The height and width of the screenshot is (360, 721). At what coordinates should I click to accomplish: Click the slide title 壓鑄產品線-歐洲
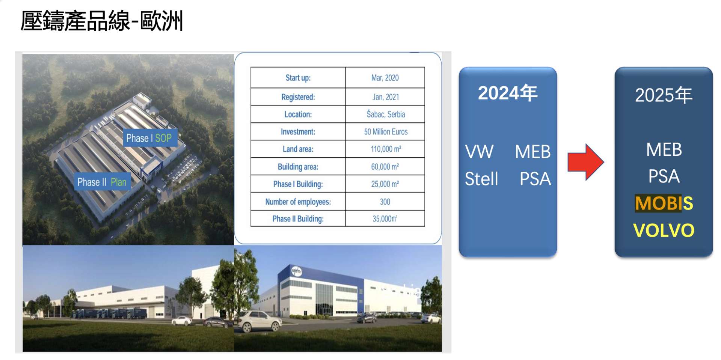[102, 21]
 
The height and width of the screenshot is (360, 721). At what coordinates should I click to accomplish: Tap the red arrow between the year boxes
[585, 162]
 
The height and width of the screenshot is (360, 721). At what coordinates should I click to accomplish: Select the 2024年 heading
[508, 93]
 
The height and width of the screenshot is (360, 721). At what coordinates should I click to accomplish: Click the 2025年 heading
[664, 95]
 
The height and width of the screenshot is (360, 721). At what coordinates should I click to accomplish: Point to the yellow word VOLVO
[664, 230]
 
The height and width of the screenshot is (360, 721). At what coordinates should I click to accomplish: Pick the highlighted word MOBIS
[664, 203]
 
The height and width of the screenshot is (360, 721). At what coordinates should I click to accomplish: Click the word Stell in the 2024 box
[481, 179]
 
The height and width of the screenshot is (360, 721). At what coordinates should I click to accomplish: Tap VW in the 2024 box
[479, 152]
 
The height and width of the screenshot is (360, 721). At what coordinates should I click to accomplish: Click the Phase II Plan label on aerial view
[102, 182]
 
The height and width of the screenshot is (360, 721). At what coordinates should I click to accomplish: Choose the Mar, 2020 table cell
[385, 78]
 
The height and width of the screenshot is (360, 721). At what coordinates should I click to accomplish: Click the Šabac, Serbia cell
[386, 114]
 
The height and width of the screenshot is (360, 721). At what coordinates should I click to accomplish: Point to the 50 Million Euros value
[386, 132]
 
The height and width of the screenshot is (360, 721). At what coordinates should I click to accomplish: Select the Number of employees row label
[298, 202]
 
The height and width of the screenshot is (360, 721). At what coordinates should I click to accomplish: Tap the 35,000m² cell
[385, 219]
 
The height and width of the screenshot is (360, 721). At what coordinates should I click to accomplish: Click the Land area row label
[298, 149]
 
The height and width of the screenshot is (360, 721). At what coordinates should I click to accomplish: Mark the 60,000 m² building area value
[385, 167]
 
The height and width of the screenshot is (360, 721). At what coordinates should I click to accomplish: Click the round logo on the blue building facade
[297, 271]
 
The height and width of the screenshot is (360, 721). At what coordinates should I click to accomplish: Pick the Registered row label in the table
[298, 97]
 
